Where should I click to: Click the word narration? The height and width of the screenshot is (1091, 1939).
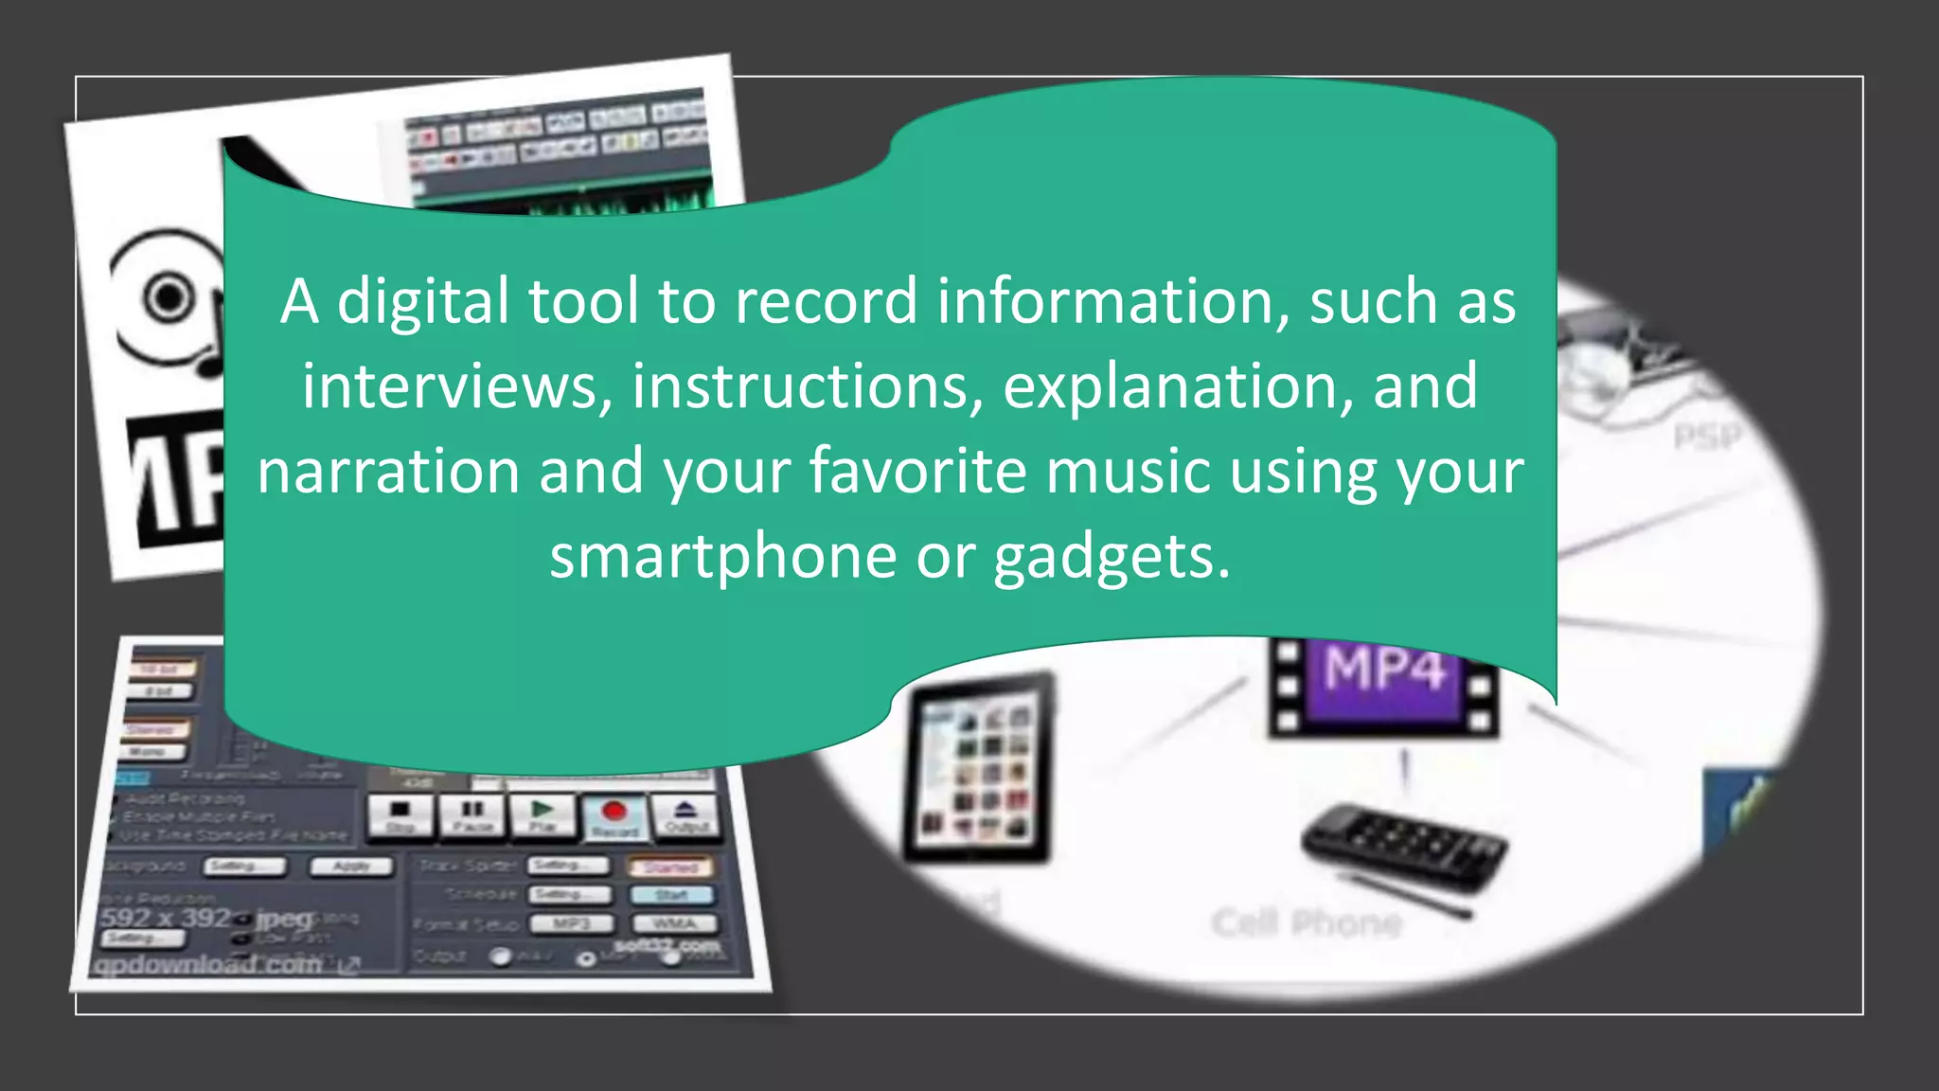click(x=388, y=471)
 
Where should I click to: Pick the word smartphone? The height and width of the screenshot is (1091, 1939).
click(x=722, y=556)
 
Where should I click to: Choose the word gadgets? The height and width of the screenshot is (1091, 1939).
click(x=1112, y=558)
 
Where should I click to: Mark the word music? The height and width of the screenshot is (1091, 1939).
click(x=1128, y=471)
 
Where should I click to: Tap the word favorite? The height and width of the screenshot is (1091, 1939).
click(x=917, y=471)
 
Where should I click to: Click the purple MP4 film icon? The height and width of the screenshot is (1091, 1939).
click(x=1384, y=684)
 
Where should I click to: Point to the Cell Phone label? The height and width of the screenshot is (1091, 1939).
click(x=1307, y=922)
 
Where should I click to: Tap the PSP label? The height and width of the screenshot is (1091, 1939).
click(x=1706, y=438)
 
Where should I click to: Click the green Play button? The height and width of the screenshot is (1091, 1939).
click(x=543, y=814)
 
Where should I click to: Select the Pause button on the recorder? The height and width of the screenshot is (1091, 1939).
click(x=471, y=814)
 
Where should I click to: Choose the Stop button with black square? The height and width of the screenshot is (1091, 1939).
click(x=400, y=814)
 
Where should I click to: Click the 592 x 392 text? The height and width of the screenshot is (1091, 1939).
click(x=166, y=918)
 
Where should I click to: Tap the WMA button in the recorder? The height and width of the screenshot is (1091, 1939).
click(x=674, y=923)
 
